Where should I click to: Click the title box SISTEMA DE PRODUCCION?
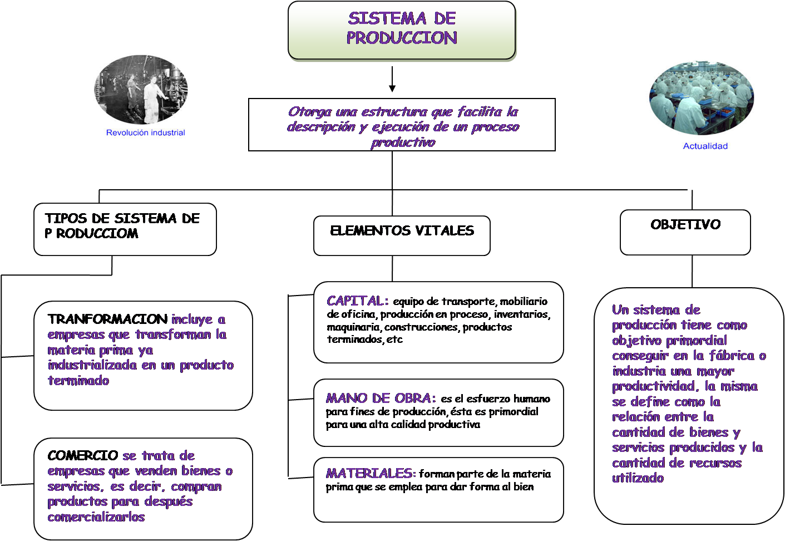pyautogui.click(x=402, y=29)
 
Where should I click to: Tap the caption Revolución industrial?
pyautogui.click(x=145, y=132)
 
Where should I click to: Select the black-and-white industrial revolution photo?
pyautogui.click(x=141, y=90)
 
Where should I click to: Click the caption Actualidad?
pyautogui.click(x=705, y=146)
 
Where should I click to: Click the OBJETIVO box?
pyautogui.click(x=685, y=232)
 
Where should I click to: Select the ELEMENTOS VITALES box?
pyautogui.click(x=402, y=235)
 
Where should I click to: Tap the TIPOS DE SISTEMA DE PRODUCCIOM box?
pyautogui.click(x=125, y=229)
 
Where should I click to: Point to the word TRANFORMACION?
pyautogui.click(x=107, y=319)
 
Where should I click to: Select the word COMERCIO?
pyautogui.click(x=83, y=455)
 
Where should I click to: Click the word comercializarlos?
pyautogui.click(x=96, y=517)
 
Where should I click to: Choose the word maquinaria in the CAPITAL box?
pyautogui.click(x=353, y=327)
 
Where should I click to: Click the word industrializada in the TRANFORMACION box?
pyautogui.click(x=92, y=365)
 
